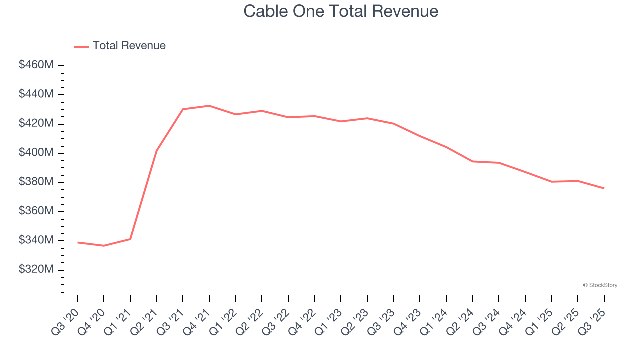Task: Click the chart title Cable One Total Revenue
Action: click(341, 11)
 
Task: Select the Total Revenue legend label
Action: click(129, 46)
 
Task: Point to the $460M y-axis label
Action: click(36, 65)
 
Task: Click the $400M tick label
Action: click(36, 153)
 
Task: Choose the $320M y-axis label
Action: click(36, 270)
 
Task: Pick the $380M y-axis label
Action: click(36, 182)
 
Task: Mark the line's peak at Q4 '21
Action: click(209, 106)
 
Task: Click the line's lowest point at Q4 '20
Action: click(104, 246)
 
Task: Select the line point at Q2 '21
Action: click(157, 150)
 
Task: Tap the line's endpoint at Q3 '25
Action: click(604, 188)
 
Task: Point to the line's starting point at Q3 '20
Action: click(78, 242)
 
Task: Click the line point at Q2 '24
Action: click(472, 161)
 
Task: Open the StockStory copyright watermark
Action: click(600, 285)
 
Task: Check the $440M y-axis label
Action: click(36, 94)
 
